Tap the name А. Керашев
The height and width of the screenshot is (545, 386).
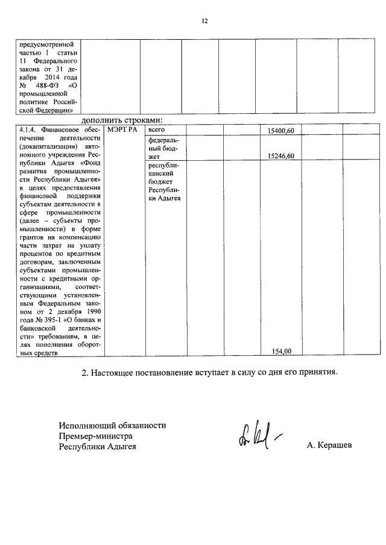329,446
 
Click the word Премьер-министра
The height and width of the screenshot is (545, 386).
95,436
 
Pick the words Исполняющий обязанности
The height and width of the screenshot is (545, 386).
112,425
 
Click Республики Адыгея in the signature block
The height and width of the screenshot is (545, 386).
97,447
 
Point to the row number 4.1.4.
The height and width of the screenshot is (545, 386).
28,130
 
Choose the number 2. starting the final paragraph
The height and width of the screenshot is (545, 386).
85,372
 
